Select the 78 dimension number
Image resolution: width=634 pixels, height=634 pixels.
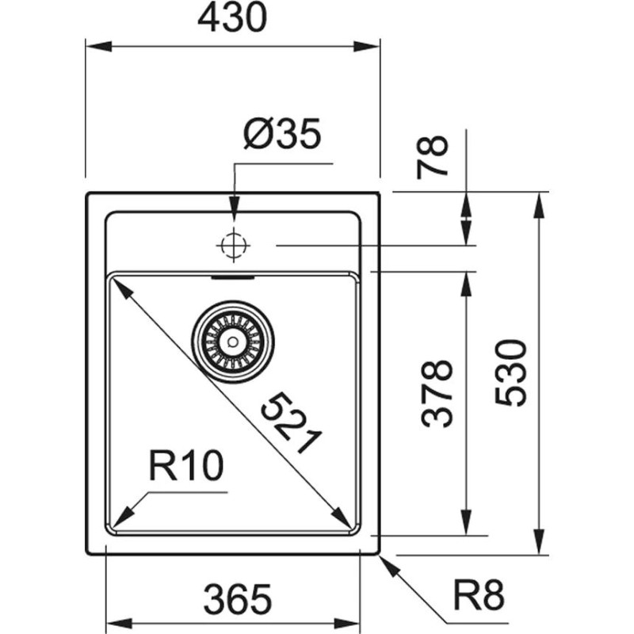click(x=434, y=156)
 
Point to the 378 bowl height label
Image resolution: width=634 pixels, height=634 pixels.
click(x=437, y=394)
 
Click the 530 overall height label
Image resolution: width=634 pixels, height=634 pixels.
click(x=511, y=372)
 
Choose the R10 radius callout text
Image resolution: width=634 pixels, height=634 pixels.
click(x=186, y=468)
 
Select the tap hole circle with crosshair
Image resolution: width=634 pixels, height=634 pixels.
click(x=232, y=246)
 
